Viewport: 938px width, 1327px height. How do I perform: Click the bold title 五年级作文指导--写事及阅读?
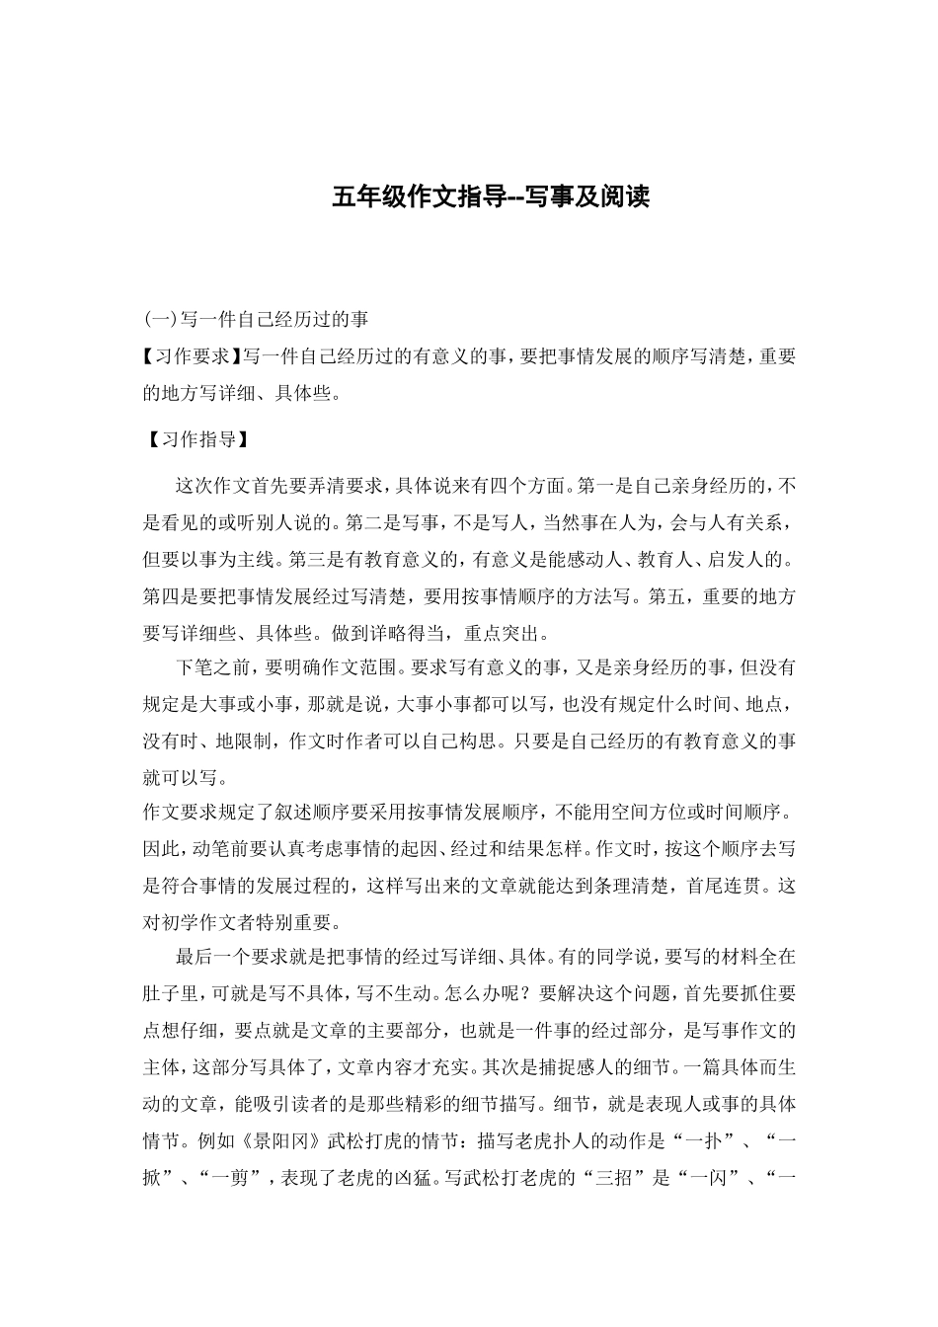tap(491, 196)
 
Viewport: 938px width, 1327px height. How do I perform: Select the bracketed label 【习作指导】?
tap(193, 439)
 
